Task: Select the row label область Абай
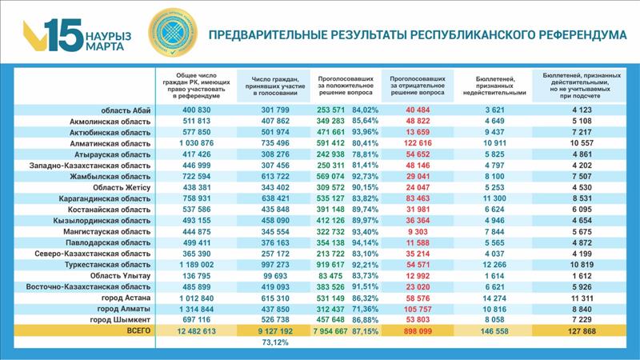[x=126, y=110]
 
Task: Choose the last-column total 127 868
[x=583, y=330]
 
